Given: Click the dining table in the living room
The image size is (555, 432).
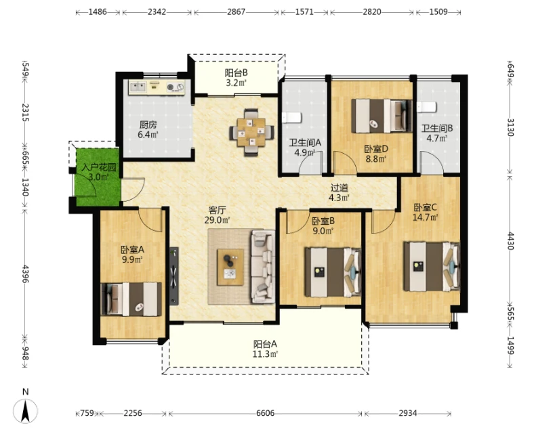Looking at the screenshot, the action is point(251,132).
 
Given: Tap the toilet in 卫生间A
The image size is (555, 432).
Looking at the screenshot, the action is point(291,117).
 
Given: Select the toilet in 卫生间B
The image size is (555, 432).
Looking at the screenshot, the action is point(426,107).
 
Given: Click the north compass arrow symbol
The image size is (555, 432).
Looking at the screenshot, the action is point(25,411).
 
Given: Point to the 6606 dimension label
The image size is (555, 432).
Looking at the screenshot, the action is point(266,413).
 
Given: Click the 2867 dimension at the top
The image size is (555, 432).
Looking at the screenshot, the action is point(236,12).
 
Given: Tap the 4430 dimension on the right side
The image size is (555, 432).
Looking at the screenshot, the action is point(510,241).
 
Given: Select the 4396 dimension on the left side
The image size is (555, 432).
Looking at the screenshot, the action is point(25,274).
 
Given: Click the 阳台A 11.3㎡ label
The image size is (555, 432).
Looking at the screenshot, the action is point(265,349).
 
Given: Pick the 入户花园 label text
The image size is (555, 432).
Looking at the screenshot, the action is point(99,167).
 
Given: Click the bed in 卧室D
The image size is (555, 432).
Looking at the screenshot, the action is point(382,116).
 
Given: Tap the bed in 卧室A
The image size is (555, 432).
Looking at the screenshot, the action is point(131,299).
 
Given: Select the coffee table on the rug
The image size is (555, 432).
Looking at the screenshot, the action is point(230,267).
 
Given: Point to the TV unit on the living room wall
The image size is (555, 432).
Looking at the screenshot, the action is point(173,276).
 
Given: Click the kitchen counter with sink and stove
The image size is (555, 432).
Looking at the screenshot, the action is point(157,87).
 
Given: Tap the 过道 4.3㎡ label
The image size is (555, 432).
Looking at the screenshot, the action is point(339,193).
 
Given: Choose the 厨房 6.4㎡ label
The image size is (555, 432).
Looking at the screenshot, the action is point(148,129).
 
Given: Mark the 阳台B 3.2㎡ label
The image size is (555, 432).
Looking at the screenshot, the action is point(236,78).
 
